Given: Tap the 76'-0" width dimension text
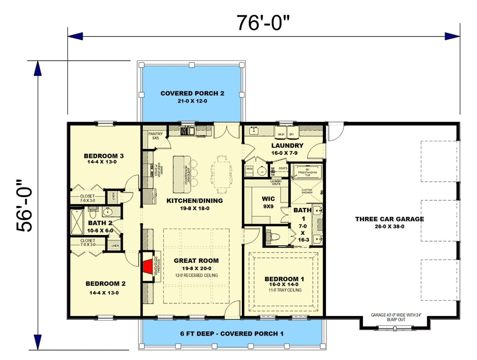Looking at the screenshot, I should [263, 22].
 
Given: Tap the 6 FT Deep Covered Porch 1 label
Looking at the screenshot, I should [232, 334].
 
